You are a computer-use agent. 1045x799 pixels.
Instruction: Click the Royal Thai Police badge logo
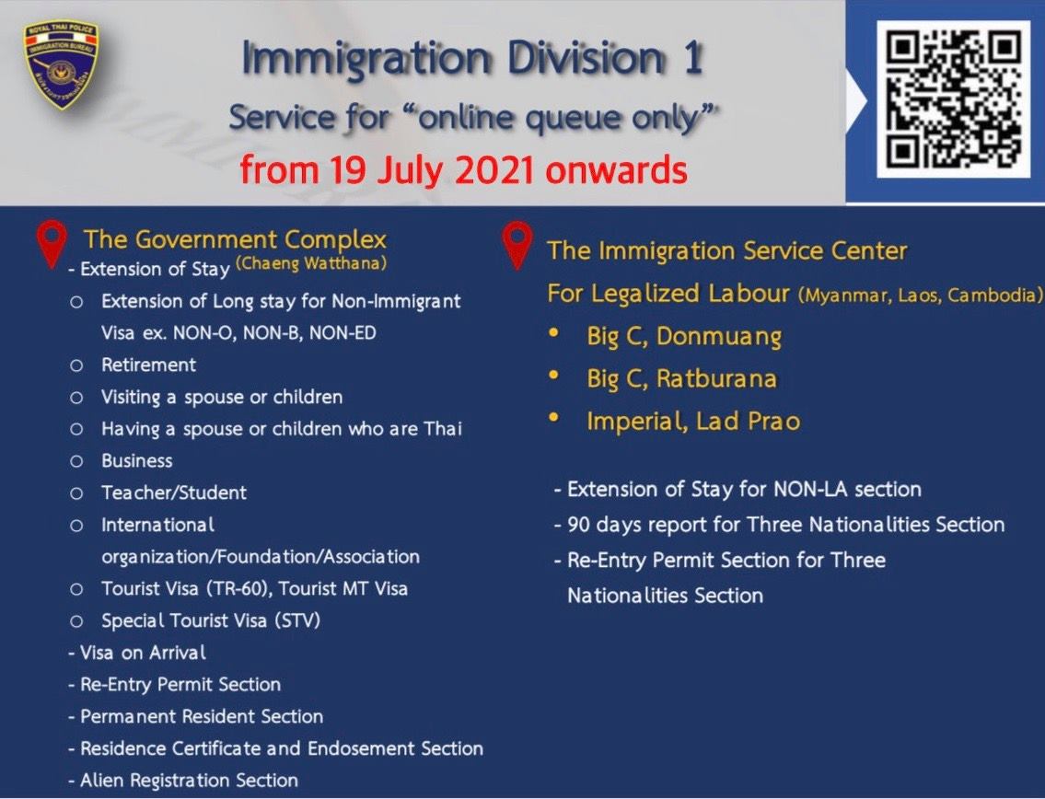click(x=61, y=64)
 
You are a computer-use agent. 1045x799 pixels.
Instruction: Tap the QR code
click(x=953, y=98)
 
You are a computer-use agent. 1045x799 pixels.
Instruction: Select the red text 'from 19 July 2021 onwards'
click(x=463, y=169)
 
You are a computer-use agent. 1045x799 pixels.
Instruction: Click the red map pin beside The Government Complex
click(x=52, y=244)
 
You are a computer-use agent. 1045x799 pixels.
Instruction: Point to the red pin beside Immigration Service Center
click(x=517, y=245)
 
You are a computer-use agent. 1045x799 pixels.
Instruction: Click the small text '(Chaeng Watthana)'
click(x=311, y=263)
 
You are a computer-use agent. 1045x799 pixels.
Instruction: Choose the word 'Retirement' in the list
click(x=148, y=365)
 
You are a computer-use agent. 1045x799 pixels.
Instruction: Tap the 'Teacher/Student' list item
click(x=174, y=492)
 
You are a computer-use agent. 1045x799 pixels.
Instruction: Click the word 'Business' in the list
click(x=136, y=460)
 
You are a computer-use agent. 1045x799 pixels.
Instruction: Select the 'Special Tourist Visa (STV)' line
click(x=211, y=620)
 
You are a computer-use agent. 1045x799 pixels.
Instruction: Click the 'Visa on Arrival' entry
click(x=137, y=653)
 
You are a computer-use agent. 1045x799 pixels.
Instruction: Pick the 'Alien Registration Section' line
click(x=183, y=780)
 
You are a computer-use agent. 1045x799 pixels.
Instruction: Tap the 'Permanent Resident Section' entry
click(x=196, y=716)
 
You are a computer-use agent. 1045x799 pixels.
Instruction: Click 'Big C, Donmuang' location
click(x=684, y=336)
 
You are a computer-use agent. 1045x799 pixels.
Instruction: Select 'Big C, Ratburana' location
click(x=682, y=378)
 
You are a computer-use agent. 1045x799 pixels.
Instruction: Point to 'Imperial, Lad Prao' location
click(x=693, y=422)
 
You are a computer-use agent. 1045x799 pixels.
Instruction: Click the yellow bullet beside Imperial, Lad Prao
click(x=553, y=418)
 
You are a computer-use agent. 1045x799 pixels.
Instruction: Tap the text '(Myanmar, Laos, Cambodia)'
click(x=921, y=295)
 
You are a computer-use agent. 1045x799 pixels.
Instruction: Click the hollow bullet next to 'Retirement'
click(x=76, y=365)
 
